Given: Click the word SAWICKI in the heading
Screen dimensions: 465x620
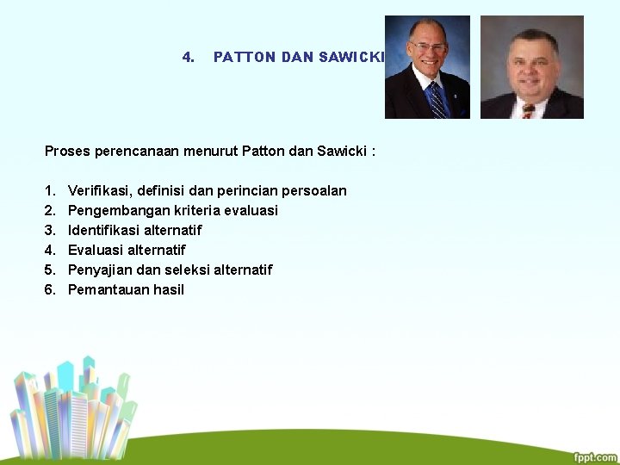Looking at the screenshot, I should [x=350, y=58].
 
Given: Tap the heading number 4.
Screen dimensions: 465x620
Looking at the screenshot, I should [x=188, y=58].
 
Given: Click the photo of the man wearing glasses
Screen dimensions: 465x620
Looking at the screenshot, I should [x=427, y=66].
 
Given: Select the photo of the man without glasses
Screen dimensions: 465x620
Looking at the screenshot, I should [x=531, y=66].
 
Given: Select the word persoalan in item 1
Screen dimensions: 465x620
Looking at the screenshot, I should [x=314, y=190].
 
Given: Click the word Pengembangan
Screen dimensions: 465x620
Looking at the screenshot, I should [x=115, y=210].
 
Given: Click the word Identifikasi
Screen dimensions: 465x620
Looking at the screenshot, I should [x=102, y=230].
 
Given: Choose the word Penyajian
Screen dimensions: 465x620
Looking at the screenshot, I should [x=98, y=270].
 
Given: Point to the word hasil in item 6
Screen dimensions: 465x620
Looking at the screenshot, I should [x=169, y=289].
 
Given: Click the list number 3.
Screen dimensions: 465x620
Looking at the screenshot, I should [x=50, y=230].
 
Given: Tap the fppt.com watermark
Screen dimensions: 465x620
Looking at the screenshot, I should [x=595, y=457].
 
